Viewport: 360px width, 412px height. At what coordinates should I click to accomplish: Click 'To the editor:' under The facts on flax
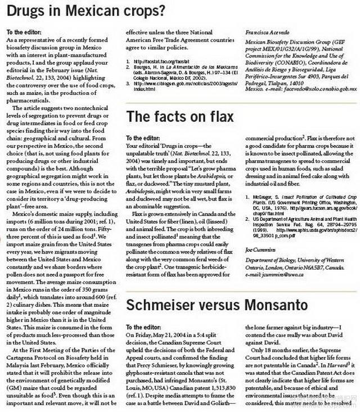[142, 138]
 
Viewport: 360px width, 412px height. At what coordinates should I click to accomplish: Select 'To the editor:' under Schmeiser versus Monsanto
[142, 327]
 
